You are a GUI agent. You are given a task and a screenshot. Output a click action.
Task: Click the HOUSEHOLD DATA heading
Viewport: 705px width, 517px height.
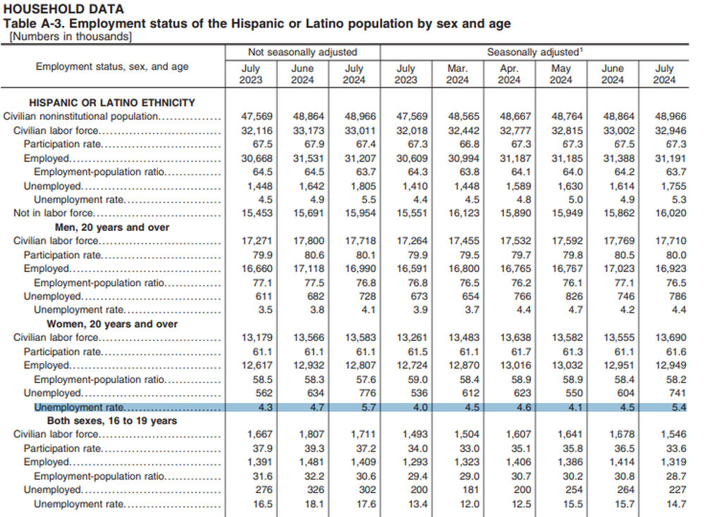[63, 9]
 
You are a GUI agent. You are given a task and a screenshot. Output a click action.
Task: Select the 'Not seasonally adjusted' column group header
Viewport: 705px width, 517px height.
[302, 52]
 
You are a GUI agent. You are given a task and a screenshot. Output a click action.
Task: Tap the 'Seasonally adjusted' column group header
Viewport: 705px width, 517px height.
[534, 52]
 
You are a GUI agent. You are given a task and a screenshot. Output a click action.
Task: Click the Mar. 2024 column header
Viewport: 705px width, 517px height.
[458, 74]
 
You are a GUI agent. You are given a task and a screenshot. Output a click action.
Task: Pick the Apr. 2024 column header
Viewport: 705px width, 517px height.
[509, 74]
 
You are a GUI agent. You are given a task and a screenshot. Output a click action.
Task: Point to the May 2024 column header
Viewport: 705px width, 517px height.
[560, 74]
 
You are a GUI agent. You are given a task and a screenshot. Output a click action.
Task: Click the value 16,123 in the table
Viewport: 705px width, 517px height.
[464, 213]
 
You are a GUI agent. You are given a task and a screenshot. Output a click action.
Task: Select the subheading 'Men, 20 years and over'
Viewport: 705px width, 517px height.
[112, 228]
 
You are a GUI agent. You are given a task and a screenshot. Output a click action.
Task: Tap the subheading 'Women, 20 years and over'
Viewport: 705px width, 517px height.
[112, 324]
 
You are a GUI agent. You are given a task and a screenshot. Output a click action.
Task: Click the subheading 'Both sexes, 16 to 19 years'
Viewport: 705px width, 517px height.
[112, 421]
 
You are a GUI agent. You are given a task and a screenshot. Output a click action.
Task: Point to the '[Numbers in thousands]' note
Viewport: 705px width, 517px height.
[70, 37]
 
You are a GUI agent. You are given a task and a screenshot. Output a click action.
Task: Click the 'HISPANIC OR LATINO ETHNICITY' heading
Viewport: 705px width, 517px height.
[112, 103]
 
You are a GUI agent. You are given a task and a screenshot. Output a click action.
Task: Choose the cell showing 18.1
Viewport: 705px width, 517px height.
[314, 504]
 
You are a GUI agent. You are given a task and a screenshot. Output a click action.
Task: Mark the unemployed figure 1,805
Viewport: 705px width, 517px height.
[360, 186]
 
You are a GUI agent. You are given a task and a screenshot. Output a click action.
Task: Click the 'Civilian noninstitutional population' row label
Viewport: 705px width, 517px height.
[81, 116]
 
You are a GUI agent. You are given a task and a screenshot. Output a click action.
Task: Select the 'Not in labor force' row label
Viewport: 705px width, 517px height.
[53, 213]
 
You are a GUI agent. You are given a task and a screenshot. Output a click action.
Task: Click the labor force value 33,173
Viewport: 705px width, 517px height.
[309, 131]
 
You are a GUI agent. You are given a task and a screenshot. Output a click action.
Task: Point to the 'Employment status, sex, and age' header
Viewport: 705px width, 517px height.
[112, 67]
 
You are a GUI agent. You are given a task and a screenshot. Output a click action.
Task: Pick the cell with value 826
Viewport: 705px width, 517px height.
[574, 297]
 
